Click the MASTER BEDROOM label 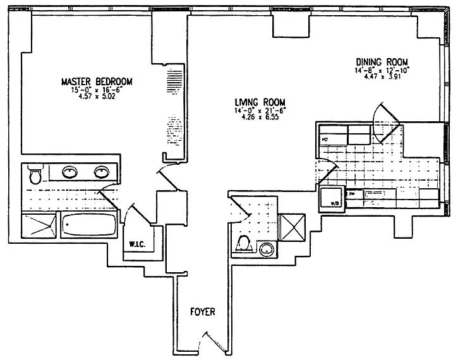pos(96,82)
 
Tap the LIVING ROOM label pos(259,102)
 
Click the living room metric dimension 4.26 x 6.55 pos(259,119)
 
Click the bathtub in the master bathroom pos(88,224)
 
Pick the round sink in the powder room pos(268,248)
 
